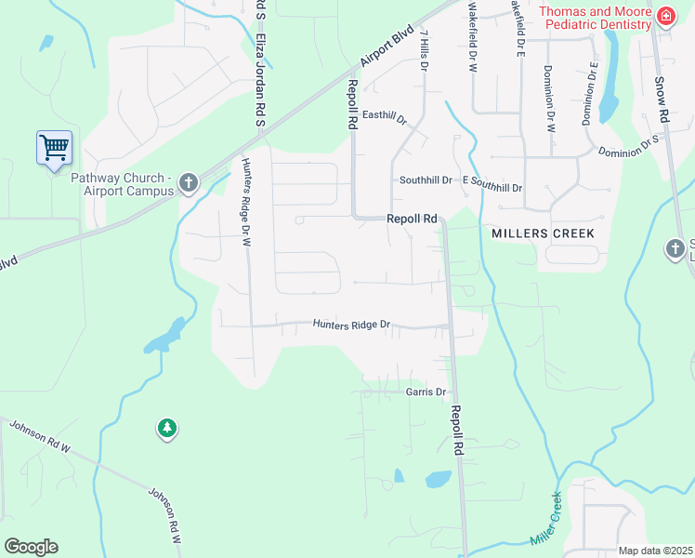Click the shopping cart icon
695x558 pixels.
click(54, 147)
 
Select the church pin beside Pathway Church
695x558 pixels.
click(189, 182)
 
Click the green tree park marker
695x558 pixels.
click(167, 428)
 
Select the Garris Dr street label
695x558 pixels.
click(426, 392)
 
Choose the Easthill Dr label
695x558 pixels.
click(385, 116)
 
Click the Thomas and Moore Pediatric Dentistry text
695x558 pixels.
click(596, 18)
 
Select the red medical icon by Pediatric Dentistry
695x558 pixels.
click(665, 17)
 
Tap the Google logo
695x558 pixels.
click(31, 547)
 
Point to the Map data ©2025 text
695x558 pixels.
click(656, 551)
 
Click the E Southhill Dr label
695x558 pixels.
click(492, 186)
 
